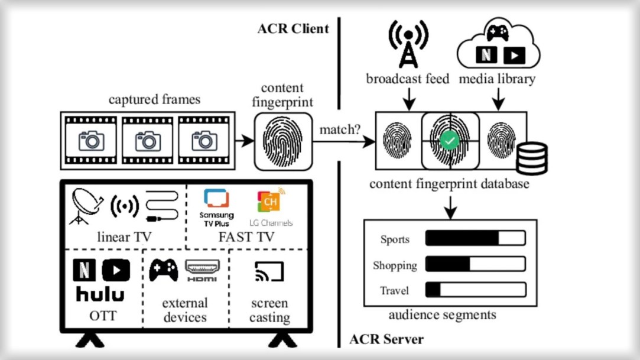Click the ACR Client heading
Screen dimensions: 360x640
(293, 28)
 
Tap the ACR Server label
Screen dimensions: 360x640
(386, 339)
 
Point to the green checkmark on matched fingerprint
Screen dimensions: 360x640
(450, 141)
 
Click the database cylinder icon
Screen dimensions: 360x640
(531, 158)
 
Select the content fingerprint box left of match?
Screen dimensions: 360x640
(283, 141)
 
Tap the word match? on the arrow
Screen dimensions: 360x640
(340, 128)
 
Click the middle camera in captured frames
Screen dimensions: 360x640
(148, 141)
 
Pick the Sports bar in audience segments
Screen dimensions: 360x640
(475, 239)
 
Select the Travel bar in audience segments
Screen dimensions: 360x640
(475, 290)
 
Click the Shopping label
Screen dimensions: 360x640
(395, 265)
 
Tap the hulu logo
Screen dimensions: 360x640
(100, 294)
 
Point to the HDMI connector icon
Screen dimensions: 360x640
(203, 270)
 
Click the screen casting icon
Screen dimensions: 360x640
(269, 272)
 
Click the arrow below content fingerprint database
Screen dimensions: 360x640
(451, 206)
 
